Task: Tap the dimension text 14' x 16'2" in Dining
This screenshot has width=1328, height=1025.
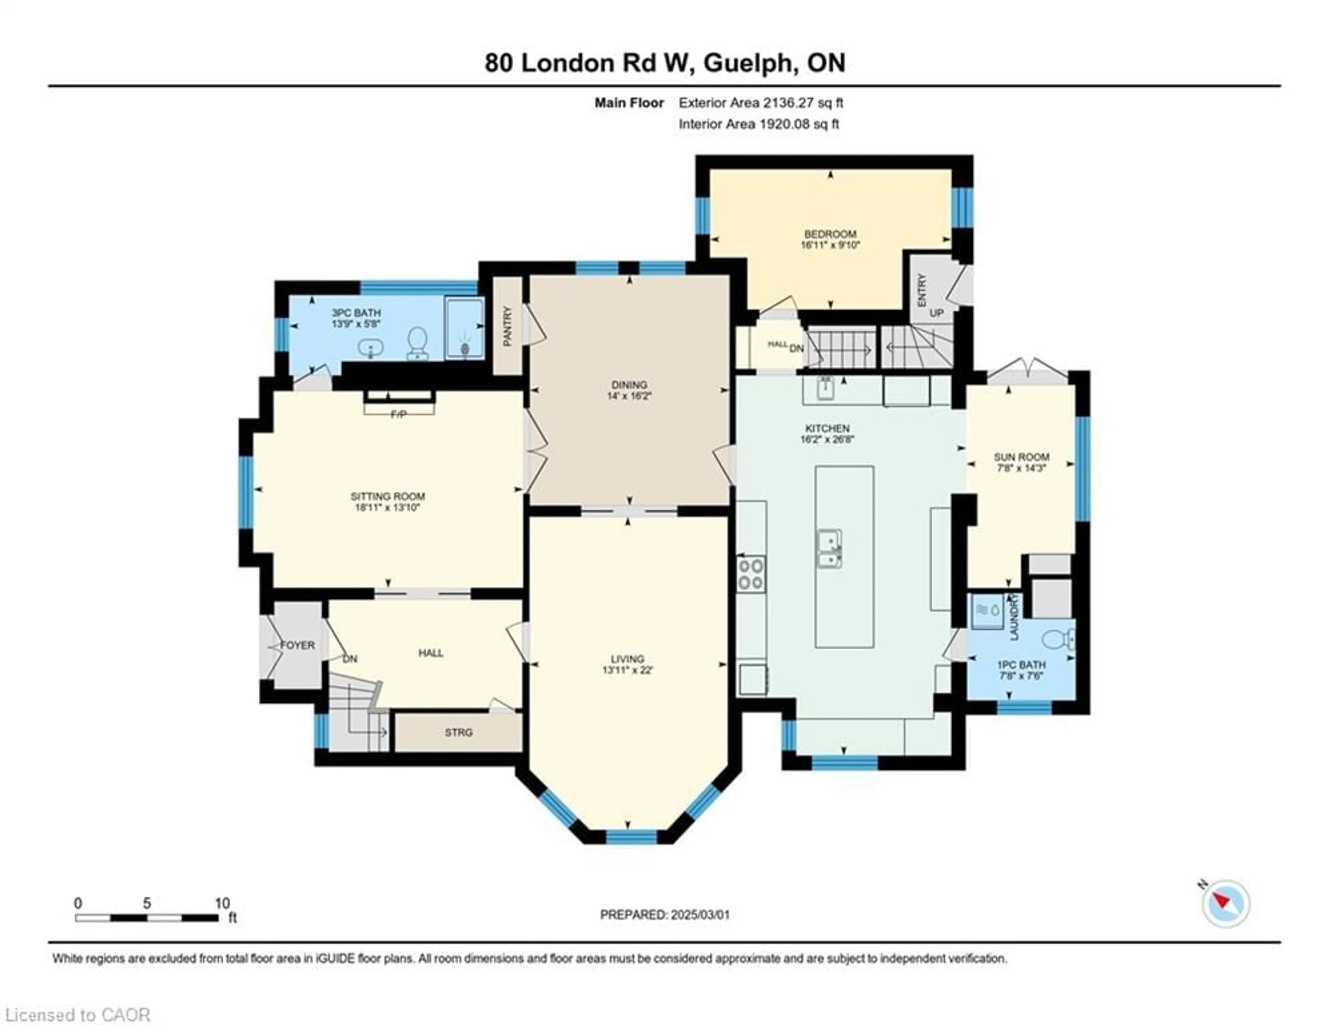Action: pyautogui.click(x=629, y=396)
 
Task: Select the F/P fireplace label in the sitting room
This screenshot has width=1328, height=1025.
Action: pyautogui.click(x=398, y=414)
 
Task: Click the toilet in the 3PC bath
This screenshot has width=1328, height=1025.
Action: pyautogui.click(x=417, y=342)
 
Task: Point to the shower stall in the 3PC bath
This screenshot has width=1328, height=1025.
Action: pyautogui.click(x=464, y=328)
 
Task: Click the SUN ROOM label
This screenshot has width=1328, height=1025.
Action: pyautogui.click(x=1022, y=456)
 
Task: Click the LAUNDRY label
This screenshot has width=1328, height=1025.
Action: pyautogui.click(x=1014, y=617)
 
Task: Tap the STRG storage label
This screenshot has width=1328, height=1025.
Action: pyautogui.click(x=459, y=732)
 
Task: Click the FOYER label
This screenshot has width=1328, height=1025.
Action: pyautogui.click(x=297, y=645)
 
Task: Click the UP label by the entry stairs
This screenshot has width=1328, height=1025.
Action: pyautogui.click(x=937, y=313)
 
